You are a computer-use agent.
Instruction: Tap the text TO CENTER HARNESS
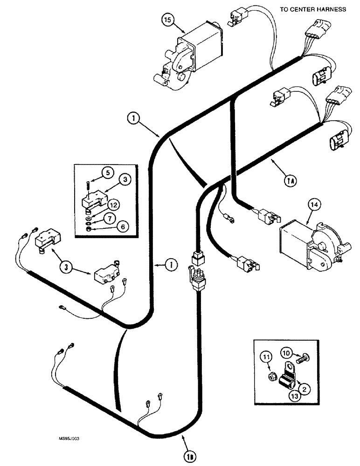pyautogui.click(x=313, y=9)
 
